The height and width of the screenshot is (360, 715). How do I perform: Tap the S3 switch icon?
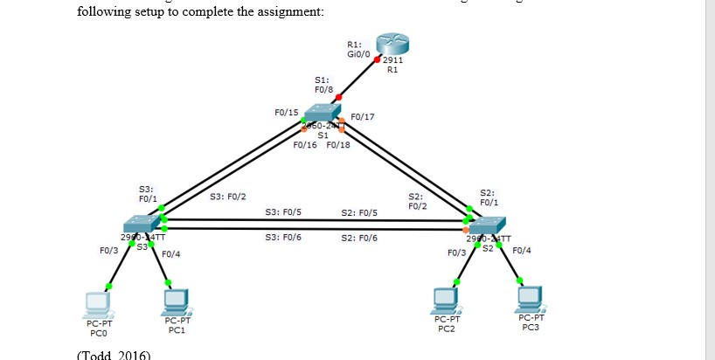tap(142, 222)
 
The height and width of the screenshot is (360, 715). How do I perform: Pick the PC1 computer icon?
tap(177, 302)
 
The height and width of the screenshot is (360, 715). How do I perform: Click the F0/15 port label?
tap(286, 113)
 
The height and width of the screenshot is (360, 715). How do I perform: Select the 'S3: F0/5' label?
tap(283, 212)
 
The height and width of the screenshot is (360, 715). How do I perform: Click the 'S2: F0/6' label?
tap(359, 238)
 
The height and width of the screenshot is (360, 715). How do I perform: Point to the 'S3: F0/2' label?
tap(228, 196)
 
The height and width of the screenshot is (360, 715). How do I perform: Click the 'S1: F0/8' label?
tap(323, 84)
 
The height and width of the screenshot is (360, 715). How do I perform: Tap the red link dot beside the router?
tap(377, 59)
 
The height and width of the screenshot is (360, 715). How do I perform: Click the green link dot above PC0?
tap(109, 286)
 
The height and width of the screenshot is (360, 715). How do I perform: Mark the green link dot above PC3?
tap(521, 281)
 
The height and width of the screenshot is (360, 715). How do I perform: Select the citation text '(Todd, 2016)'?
tap(115, 355)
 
